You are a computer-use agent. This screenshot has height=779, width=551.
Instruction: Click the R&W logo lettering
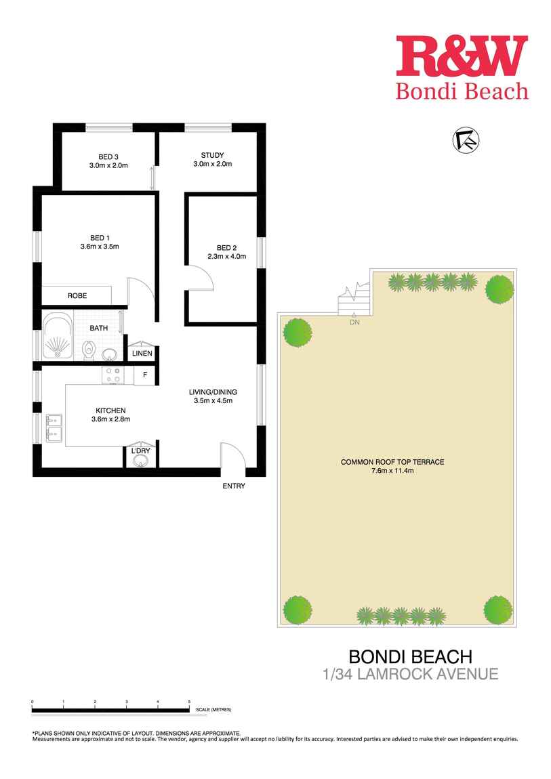click(462, 56)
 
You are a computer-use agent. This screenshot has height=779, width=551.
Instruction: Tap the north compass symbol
click(466, 140)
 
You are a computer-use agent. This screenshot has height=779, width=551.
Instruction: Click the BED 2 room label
click(226, 247)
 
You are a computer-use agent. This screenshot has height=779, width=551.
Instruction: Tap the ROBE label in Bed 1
click(76, 296)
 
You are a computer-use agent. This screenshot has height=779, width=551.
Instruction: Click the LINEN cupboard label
click(142, 354)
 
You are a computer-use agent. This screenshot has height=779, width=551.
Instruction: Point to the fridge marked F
click(144, 375)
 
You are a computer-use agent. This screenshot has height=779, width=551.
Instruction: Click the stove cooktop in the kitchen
click(114, 375)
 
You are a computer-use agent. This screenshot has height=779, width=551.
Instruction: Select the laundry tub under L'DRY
click(140, 461)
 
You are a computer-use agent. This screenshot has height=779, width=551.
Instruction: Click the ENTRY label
click(234, 486)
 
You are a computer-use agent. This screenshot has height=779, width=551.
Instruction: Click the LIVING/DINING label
click(213, 392)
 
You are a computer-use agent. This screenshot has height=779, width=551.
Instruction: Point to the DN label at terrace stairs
click(354, 322)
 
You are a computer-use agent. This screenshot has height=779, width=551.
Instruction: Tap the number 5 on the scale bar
click(189, 701)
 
